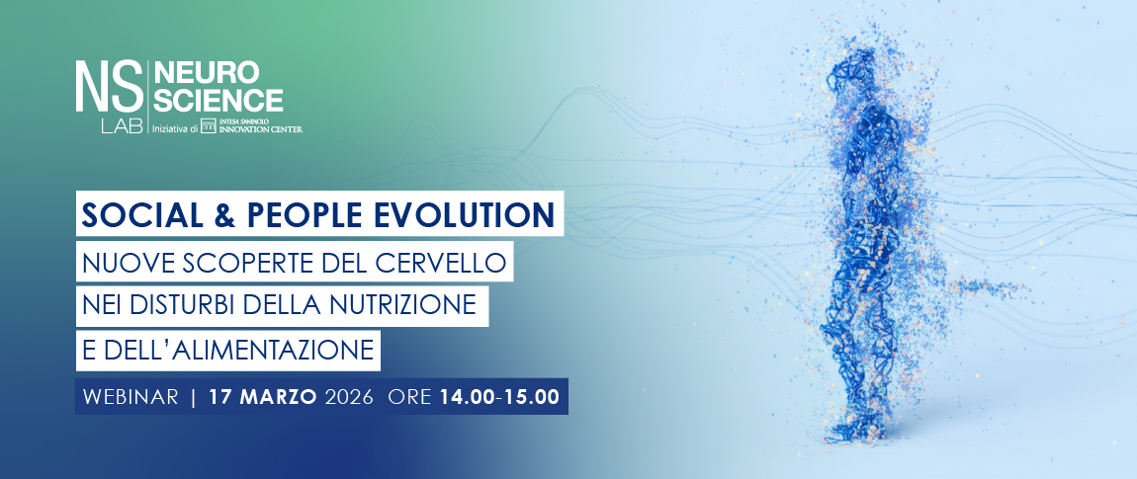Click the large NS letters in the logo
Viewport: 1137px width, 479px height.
point(109,86)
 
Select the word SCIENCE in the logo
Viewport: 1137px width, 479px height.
point(219,100)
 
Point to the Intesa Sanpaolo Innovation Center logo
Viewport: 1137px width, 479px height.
point(251,126)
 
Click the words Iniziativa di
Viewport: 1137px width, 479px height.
point(174,128)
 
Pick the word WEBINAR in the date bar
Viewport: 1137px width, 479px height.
point(131,397)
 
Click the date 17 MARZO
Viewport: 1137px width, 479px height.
point(262,397)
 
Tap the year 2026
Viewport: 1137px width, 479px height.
point(349,397)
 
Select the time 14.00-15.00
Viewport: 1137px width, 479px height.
point(499,397)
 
